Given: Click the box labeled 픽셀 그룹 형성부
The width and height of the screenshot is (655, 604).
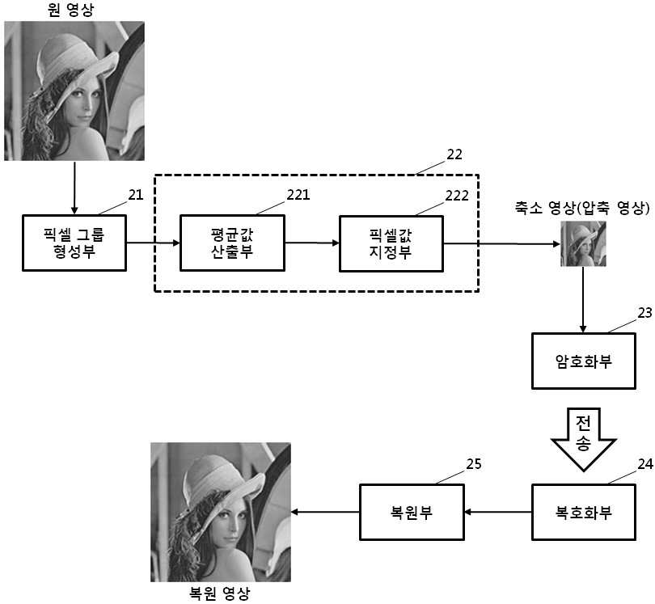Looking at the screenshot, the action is click(x=74, y=243).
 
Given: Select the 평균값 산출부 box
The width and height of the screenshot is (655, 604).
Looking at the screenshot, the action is click(x=232, y=243).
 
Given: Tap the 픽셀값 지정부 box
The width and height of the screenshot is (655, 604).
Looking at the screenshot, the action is click(x=391, y=244).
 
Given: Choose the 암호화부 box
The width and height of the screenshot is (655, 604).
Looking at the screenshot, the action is click(x=584, y=361).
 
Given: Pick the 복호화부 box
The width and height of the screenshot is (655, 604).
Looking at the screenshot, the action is click(x=584, y=512).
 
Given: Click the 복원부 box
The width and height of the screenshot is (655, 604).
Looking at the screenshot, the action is click(x=412, y=512).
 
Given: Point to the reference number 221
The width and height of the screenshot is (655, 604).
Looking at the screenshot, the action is click(x=298, y=195).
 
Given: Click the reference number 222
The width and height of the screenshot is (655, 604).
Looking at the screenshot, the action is click(x=457, y=196).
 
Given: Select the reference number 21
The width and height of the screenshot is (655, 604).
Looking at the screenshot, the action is click(x=136, y=195).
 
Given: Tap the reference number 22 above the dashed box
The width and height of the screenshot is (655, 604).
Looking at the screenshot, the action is click(x=454, y=154).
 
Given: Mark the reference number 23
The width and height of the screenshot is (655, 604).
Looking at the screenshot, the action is click(x=645, y=313).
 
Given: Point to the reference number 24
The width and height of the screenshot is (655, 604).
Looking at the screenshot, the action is click(x=645, y=464).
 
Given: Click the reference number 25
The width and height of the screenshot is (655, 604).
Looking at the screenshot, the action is click(x=474, y=464).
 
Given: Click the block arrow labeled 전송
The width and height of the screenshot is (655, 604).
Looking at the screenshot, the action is click(x=584, y=439).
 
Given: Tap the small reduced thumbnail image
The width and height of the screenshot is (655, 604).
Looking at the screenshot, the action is click(x=583, y=244).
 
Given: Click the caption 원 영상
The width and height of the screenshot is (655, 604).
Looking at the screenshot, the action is click(x=70, y=10).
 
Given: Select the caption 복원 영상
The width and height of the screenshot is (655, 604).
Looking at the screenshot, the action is click(x=220, y=593).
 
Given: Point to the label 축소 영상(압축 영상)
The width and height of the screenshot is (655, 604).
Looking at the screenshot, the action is click(x=582, y=208).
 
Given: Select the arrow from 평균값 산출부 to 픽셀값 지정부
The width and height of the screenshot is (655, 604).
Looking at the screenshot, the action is click(x=312, y=243).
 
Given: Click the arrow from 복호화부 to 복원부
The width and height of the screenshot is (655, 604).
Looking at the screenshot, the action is click(x=498, y=512).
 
